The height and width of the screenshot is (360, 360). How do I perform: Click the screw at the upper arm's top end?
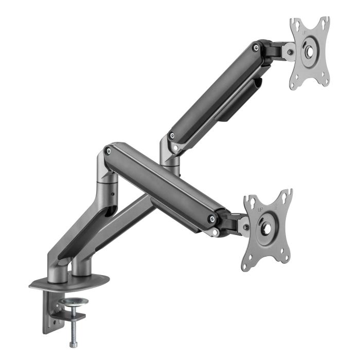256,48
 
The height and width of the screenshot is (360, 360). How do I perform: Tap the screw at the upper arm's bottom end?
171,137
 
